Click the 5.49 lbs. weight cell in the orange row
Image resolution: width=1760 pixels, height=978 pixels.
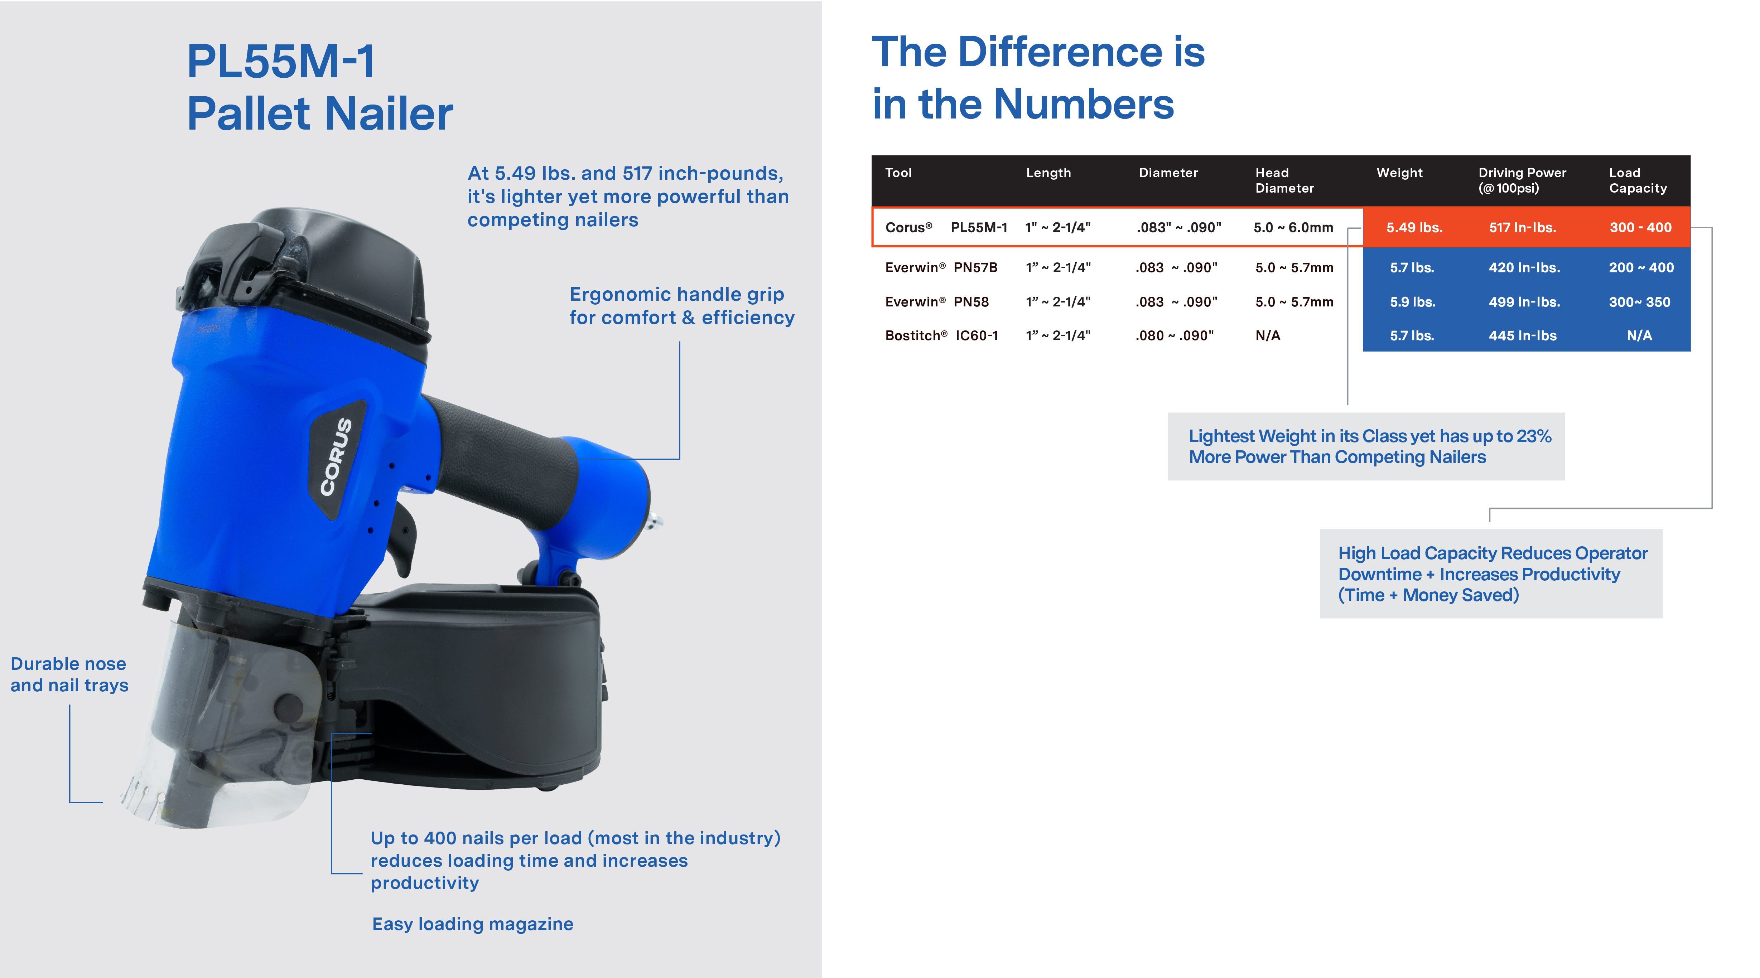click(x=1414, y=227)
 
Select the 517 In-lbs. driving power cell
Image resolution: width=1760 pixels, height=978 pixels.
click(x=1522, y=227)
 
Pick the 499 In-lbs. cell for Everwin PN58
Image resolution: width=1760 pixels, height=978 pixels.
click(x=1524, y=302)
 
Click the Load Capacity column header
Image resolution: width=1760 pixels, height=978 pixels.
click(x=1638, y=180)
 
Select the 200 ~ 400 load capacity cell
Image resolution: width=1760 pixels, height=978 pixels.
click(x=1641, y=268)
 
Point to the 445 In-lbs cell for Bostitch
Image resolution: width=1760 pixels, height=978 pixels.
click(x=1523, y=335)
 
